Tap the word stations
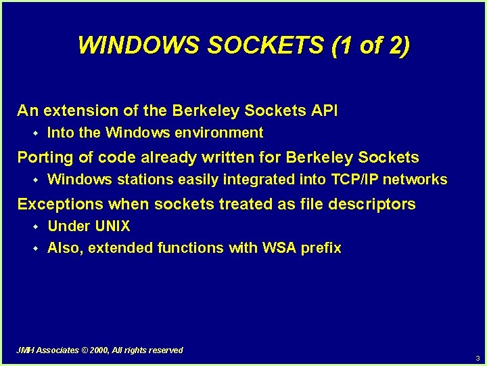(144, 180)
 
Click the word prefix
(321, 248)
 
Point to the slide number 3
(478, 358)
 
